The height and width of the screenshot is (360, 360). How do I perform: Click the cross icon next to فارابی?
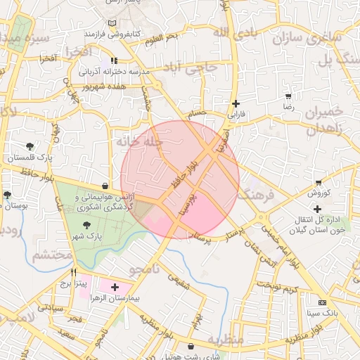point(236,103)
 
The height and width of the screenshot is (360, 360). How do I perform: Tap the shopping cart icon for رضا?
point(288,96)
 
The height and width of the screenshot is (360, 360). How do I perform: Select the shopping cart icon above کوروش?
point(319,182)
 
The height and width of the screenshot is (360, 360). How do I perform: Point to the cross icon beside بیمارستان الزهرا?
point(115,287)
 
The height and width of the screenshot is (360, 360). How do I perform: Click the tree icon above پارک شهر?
point(86,225)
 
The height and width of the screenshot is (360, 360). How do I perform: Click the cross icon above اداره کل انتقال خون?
point(317,208)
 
